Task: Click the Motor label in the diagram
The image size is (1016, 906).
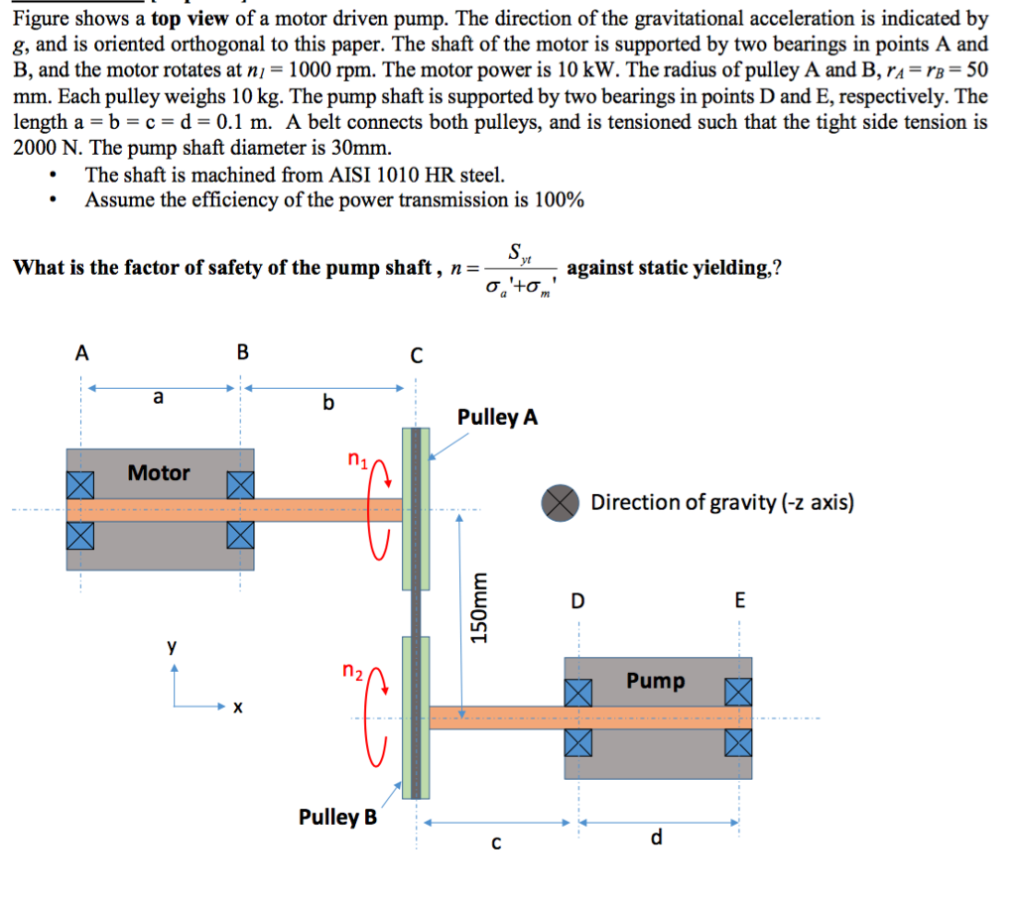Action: pyautogui.click(x=159, y=472)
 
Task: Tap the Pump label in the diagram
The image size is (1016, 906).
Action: pyautogui.click(x=655, y=681)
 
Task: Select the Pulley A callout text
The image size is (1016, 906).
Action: pyautogui.click(x=498, y=417)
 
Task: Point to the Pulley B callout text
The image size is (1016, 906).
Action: pyautogui.click(x=337, y=818)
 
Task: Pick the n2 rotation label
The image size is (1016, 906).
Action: pyautogui.click(x=352, y=671)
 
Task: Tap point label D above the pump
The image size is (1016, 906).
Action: pyautogui.click(x=577, y=601)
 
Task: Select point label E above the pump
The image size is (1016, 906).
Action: pyautogui.click(x=739, y=601)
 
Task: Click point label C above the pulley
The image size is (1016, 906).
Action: pyautogui.click(x=416, y=355)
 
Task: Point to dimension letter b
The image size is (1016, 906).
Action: pyautogui.click(x=328, y=402)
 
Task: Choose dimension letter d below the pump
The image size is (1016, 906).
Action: pyautogui.click(x=656, y=839)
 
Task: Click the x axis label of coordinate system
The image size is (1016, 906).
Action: pyautogui.click(x=236, y=709)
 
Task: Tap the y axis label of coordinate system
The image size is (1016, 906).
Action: pyautogui.click(x=172, y=646)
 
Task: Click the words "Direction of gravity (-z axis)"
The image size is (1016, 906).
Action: pyautogui.click(x=722, y=502)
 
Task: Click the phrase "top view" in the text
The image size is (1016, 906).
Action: pyautogui.click(x=190, y=20)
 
